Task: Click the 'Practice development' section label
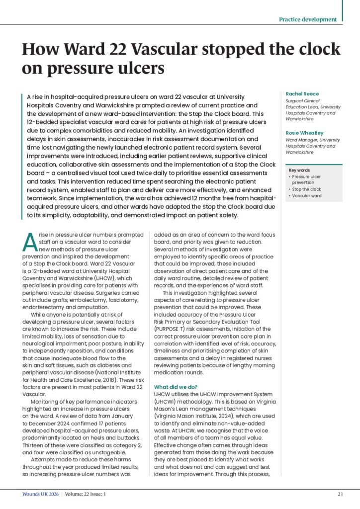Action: pos(307,19)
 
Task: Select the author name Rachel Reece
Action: pos(302,93)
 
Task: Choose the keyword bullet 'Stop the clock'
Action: pos(306,189)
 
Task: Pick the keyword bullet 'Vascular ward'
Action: pos(306,196)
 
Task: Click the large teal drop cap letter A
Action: pos(29,242)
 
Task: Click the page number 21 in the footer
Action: pos(340,494)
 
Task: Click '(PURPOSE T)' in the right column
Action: pos(171,329)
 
